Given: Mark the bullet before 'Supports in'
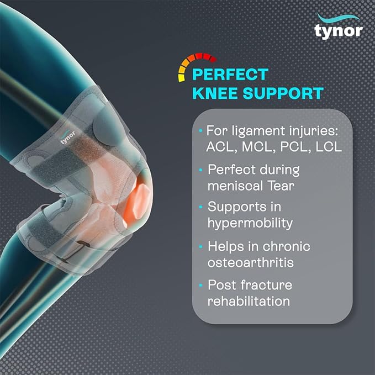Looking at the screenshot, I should tap(200, 208).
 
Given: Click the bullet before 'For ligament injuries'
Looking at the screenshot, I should tap(200, 132).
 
